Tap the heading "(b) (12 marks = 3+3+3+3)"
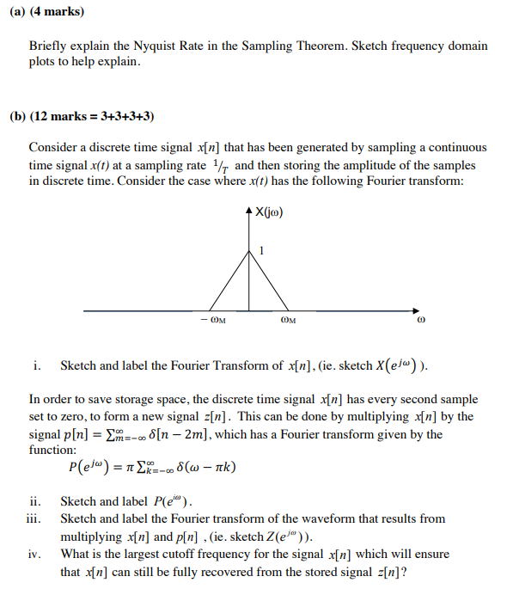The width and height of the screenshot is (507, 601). [x=82, y=116]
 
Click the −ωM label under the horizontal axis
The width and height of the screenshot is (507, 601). [x=214, y=322]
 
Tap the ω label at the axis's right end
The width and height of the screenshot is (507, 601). [x=419, y=323]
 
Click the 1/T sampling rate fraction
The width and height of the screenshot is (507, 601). [x=222, y=164]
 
